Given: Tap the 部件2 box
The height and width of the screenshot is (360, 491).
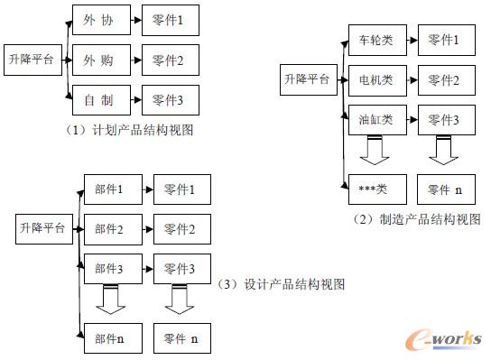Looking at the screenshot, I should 108,229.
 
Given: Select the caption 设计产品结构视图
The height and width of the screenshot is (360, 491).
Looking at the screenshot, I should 282,284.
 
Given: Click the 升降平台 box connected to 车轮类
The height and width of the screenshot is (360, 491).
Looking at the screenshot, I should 306,80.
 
